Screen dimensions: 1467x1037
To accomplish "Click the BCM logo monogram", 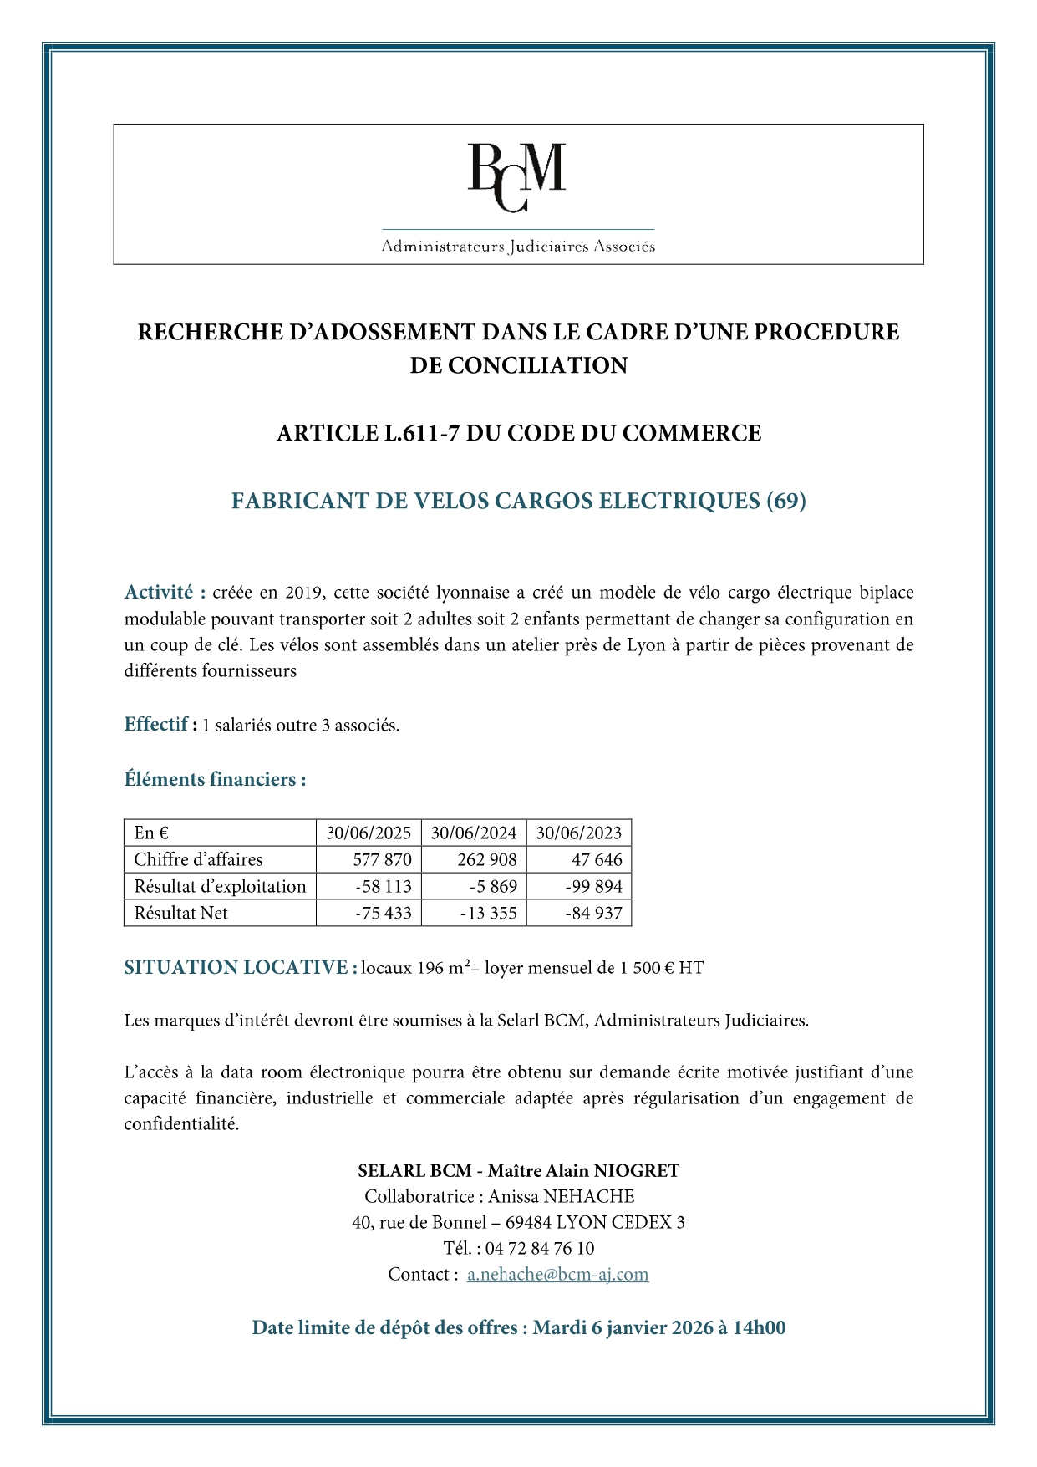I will [516, 176].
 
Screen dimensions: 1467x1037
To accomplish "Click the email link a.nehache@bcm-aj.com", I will [557, 1274].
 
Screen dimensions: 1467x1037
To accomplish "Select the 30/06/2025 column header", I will [369, 833].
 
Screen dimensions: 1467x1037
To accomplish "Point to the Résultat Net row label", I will [180, 913].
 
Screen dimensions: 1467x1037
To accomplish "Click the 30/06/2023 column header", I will [578, 833].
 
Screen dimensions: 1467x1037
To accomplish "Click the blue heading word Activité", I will [159, 593].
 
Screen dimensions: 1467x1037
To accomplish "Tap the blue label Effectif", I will [156, 724].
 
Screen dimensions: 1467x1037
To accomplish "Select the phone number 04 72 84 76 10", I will [539, 1248].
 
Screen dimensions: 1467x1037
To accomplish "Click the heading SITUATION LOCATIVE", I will [236, 967].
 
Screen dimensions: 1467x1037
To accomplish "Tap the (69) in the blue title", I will [785, 501].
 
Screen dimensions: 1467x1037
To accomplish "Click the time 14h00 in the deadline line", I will [759, 1327].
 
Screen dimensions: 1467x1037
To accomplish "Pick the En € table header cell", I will [151, 833].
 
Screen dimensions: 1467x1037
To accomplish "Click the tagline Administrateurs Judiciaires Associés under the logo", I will [518, 247].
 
